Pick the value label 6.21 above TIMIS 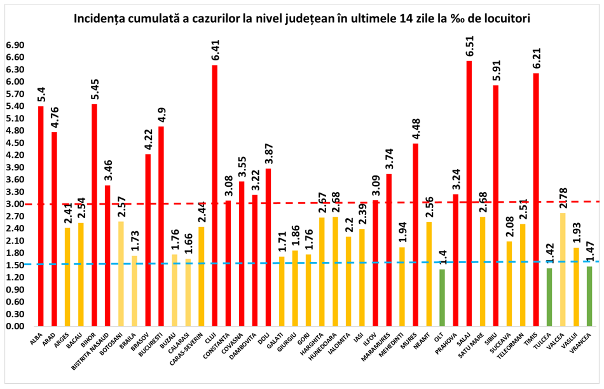tap(536, 59)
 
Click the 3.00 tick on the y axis tap(14, 204)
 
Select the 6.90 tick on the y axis tap(14, 45)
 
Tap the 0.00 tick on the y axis tap(14, 326)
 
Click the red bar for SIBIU tap(496, 203)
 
